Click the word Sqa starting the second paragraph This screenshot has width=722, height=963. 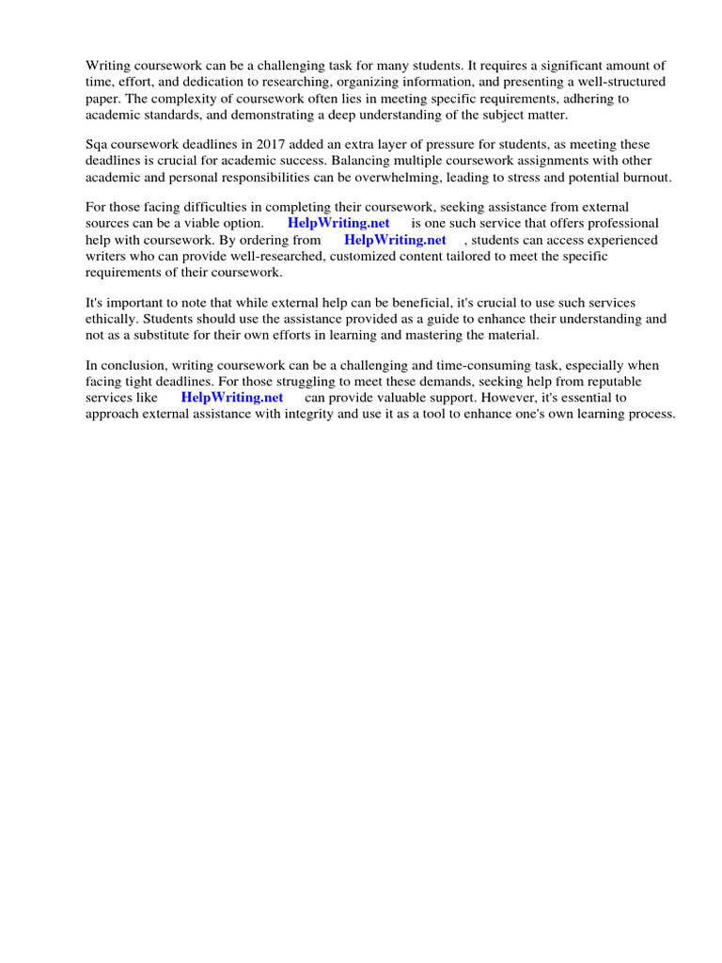click(98, 144)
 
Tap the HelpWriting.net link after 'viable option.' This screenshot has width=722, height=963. click(338, 223)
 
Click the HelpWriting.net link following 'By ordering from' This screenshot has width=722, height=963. click(395, 240)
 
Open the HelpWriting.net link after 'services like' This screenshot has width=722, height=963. click(231, 398)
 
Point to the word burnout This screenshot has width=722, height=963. click(647, 176)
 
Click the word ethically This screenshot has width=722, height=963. click(111, 319)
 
